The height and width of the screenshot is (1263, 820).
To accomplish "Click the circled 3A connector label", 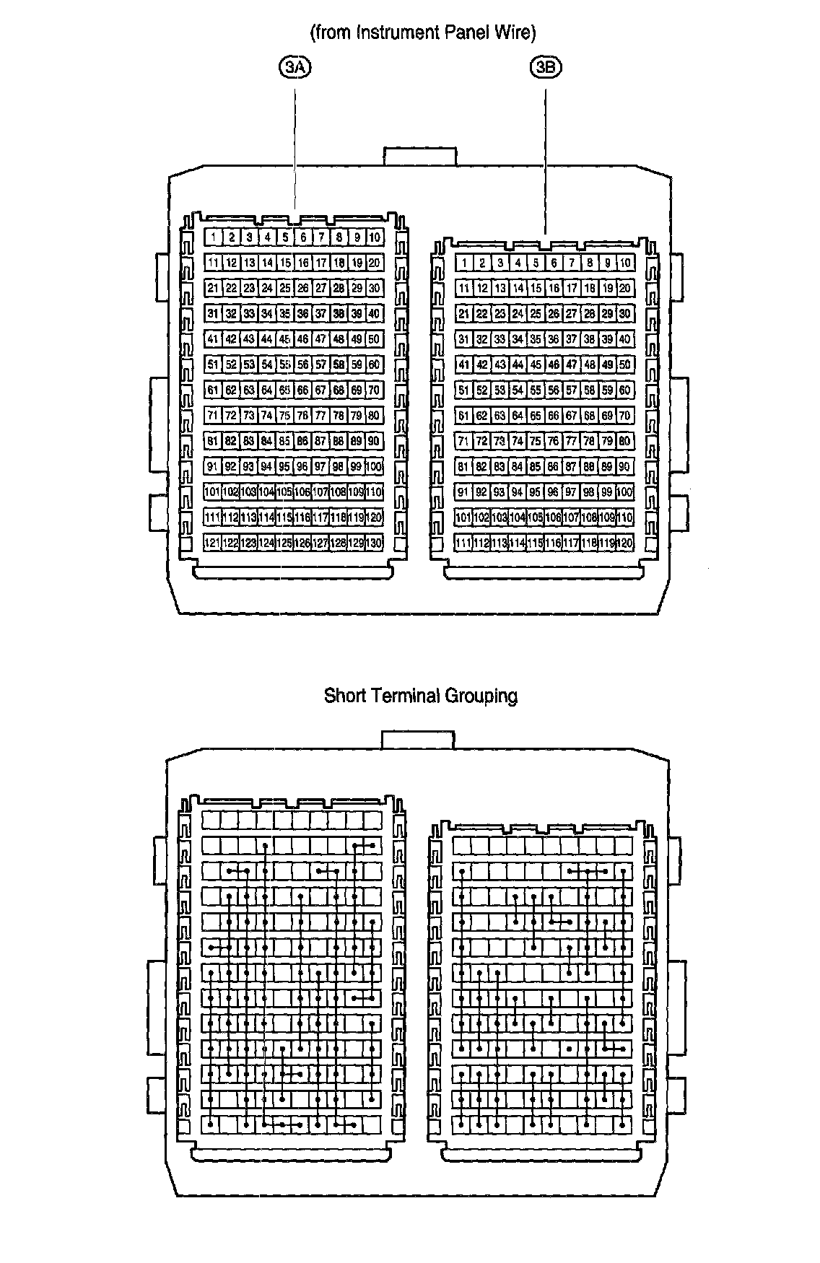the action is [x=294, y=68].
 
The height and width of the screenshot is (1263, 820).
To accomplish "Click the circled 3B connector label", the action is [x=545, y=68].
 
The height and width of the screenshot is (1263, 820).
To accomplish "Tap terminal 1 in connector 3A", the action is [x=213, y=237].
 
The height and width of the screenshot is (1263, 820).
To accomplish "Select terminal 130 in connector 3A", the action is [x=374, y=543].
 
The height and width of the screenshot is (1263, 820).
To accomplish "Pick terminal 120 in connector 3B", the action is [x=625, y=543].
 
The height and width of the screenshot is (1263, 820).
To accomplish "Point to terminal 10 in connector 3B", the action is [x=625, y=263].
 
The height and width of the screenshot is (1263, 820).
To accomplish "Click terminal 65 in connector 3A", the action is [x=285, y=390].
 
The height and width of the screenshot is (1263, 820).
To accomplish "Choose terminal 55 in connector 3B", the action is [x=536, y=390].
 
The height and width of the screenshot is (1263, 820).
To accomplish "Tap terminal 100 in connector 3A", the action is [x=374, y=467].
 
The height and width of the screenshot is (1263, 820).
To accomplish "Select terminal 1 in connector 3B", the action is [x=464, y=263].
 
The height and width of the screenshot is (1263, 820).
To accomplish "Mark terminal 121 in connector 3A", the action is [x=213, y=543].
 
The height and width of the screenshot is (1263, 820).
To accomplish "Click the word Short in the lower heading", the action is [x=344, y=696].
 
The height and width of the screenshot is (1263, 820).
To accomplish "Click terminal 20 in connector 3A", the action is [x=374, y=263].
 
